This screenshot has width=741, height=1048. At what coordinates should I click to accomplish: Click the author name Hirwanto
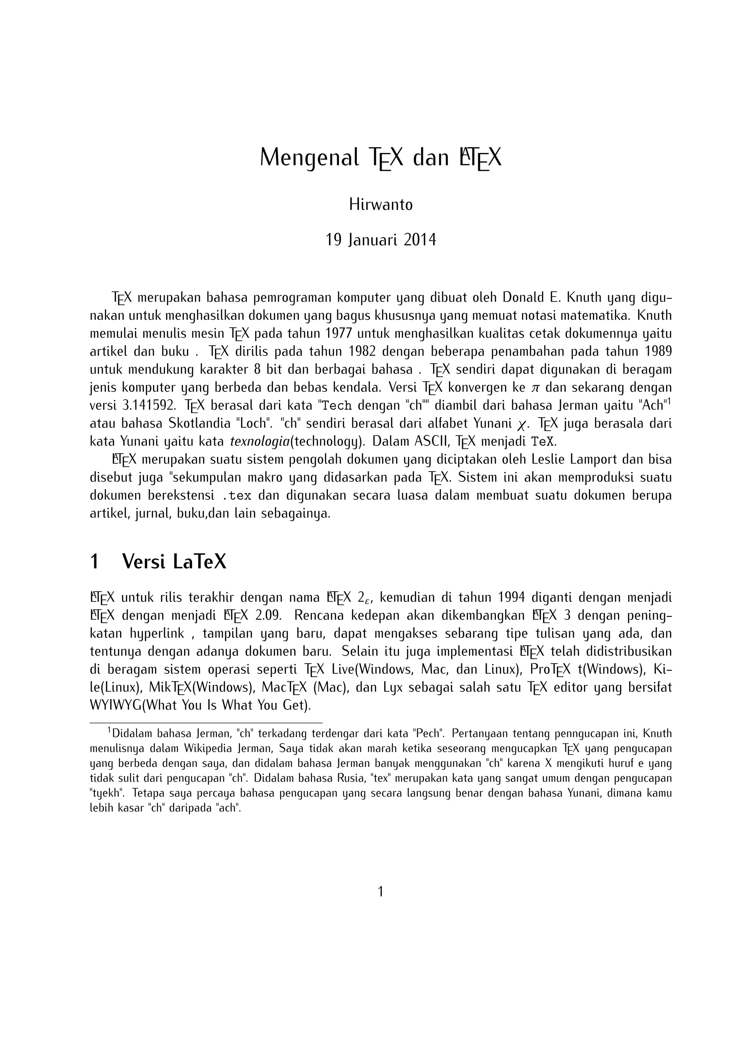pos(381,205)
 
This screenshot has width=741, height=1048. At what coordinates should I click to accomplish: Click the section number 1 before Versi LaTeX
pos(94,562)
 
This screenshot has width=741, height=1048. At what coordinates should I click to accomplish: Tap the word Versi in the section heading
pos(143,562)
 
